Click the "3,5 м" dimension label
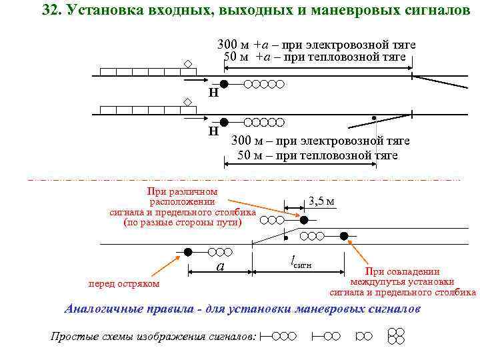pyautogui.click(x=321, y=201)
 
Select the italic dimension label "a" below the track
pyautogui.click(x=221, y=267)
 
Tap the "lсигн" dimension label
pyautogui.click(x=299, y=263)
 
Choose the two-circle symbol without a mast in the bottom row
pyautogui.click(x=364, y=336)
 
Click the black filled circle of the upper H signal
pyautogui.click(x=225, y=84)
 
